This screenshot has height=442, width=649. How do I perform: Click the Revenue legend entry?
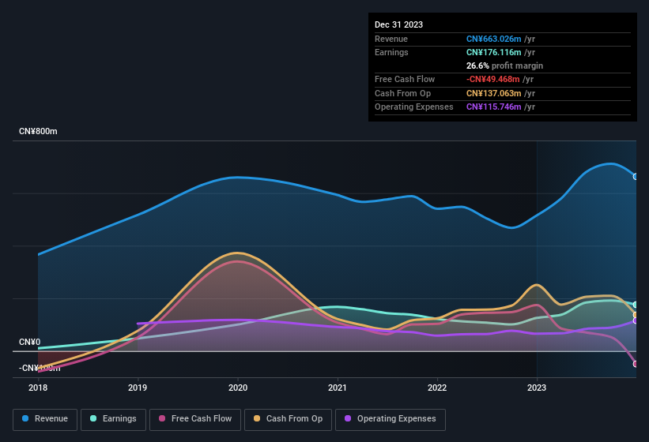click(x=45, y=418)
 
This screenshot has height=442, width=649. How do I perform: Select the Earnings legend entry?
click(x=113, y=418)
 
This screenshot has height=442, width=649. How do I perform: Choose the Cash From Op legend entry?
click(x=288, y=418)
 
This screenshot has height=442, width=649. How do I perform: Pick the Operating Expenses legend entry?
click(x=390, y=418)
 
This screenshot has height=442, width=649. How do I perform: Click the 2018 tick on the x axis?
click(x=38, y=388)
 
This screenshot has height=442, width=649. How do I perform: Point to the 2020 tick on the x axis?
click(x=238, y=388)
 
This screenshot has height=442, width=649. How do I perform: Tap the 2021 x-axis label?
click(x=338, y=388)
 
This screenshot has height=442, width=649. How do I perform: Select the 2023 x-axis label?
click(x=537, y=388)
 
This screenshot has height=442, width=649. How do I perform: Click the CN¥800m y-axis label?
click(x=38, y=131)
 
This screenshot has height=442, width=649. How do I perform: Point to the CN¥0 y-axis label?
click(x=29, y=342)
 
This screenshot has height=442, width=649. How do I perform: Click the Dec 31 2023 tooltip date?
click(x=398, y=24)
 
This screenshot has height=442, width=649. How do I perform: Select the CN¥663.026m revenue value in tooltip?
click(x=494, y=39)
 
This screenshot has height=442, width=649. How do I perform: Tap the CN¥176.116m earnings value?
click(x=494, y=52)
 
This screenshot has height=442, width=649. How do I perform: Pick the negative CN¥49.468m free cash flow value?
click(x=494, y=79)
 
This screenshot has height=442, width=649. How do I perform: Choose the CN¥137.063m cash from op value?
click(x=494, y=93)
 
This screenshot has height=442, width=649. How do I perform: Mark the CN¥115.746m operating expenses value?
click(x=494, y=107)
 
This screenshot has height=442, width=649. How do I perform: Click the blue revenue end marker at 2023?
click(x=636, y=176)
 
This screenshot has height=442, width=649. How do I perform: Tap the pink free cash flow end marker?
click(x=636, y=363)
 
